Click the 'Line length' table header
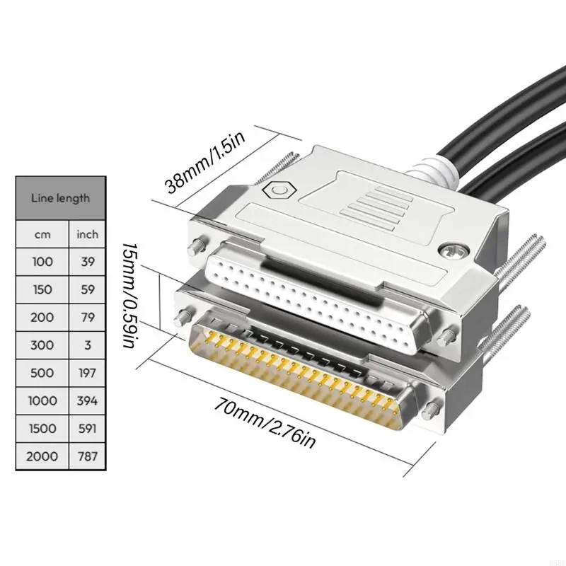click(61, 198)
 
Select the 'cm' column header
click(42, 233)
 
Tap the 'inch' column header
click(88, 233)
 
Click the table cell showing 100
click(42, 261)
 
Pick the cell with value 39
click(88, 261)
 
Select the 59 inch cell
click(88, 289)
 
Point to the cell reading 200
click(42, 317)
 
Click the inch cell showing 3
click(88, 345)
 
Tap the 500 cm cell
click(42, 372)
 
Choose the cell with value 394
click(88, 400)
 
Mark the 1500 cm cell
click(42, 428)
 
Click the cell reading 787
click(88, 456)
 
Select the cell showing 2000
click(42, 456)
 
